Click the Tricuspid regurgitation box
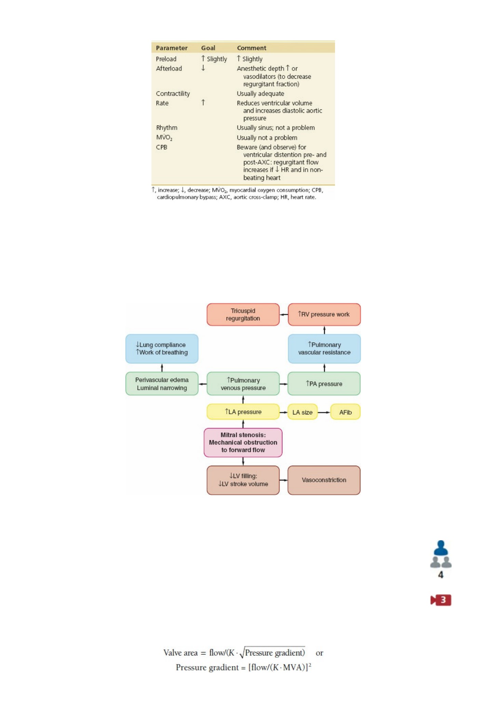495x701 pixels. point(243,315)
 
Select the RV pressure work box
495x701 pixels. point(324,315)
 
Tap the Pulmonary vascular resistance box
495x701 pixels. point(324,349)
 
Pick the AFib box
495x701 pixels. point(345,412)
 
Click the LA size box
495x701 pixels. point(303,412)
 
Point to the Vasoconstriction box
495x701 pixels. point(324,480)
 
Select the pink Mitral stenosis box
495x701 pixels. point(243,442)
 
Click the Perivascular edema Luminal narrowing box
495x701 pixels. point(162,384)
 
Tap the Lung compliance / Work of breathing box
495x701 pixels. point(162,349)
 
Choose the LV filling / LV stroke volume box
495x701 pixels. point(243,480)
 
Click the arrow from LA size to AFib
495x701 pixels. point(324,412)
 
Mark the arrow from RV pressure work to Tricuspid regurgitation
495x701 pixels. point(284,315)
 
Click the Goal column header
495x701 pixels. point(208,48)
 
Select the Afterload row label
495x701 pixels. point(169,68)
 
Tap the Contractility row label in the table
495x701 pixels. point(173,94)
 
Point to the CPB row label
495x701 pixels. point(162,147)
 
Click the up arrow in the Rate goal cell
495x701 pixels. point(203,102)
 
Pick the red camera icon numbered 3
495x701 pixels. point(441,600)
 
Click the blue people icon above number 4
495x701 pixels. point(441,554)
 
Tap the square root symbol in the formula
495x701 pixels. point(242,653)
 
